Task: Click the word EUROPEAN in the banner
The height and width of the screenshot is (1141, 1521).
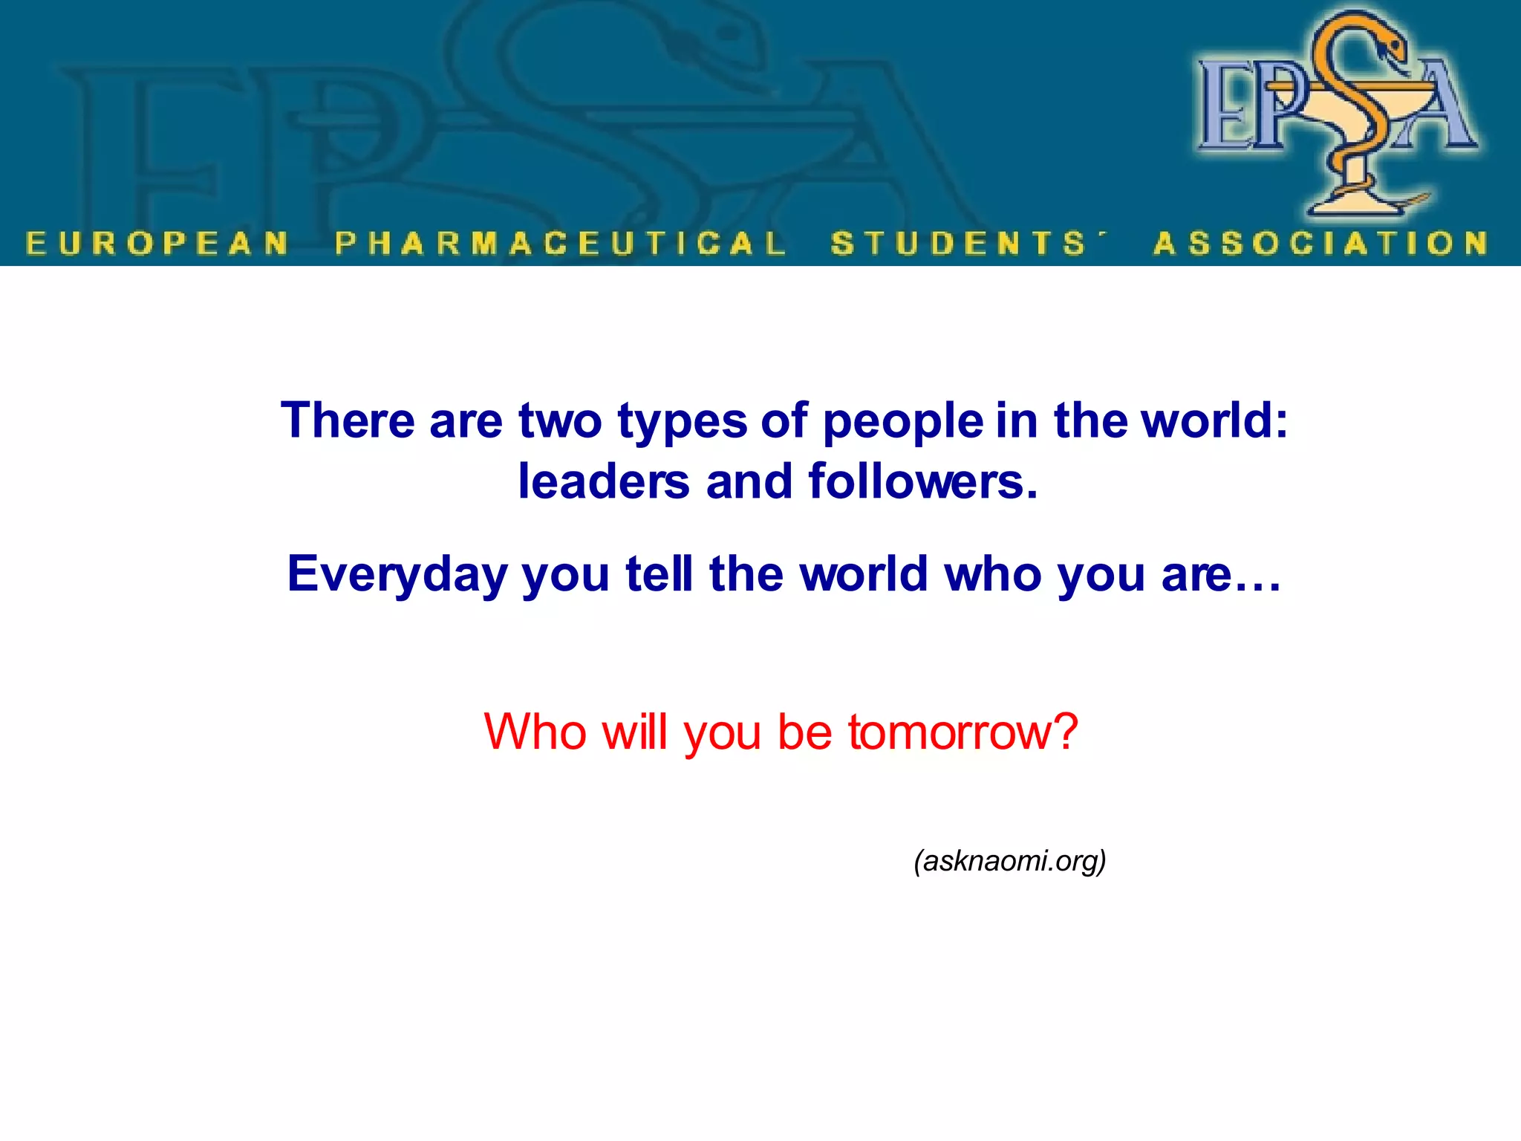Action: point(157,244)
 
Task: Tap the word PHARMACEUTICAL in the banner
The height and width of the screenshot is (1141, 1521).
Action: point(560,244)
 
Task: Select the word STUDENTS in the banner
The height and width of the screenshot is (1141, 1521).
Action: point(958,244)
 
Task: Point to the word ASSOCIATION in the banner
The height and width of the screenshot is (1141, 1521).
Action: point(1320,244)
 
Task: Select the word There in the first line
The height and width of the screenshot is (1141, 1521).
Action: point(348,420)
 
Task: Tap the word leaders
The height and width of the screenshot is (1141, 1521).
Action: point(604,481)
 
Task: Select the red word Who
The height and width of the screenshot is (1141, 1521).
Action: point(535,732)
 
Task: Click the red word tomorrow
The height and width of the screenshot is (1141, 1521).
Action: point(950,732)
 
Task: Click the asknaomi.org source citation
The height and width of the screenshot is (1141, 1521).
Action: point(1010,861)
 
